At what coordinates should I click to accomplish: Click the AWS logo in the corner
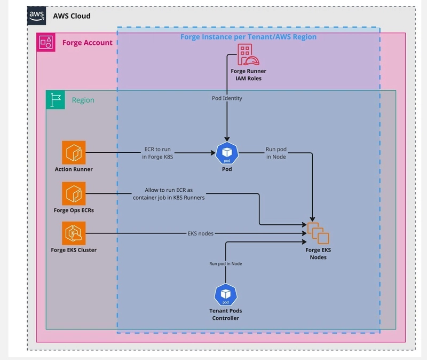(37, 16)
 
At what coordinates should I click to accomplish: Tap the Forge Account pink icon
(46, 43)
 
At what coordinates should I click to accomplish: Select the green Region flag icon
(56, 100)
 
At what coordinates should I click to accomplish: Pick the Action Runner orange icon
(74, 153)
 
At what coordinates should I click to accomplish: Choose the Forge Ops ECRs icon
(74, 193)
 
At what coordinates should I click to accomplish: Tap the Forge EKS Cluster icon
(74, 233)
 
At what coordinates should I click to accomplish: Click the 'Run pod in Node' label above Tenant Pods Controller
(226, 264)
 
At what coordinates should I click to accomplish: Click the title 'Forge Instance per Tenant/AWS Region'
(248, 37)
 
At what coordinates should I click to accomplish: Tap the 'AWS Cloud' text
(72, 16)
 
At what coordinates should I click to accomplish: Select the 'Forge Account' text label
(88, 43)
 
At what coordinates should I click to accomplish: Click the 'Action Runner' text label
(74, 170)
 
